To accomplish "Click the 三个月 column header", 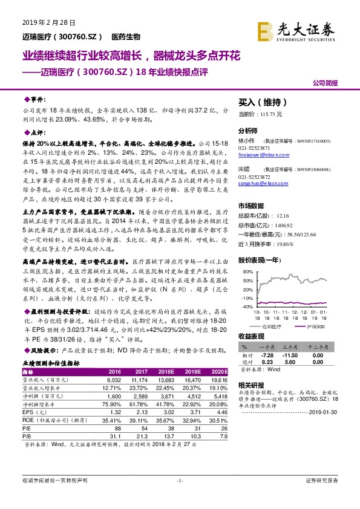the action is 295,347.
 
